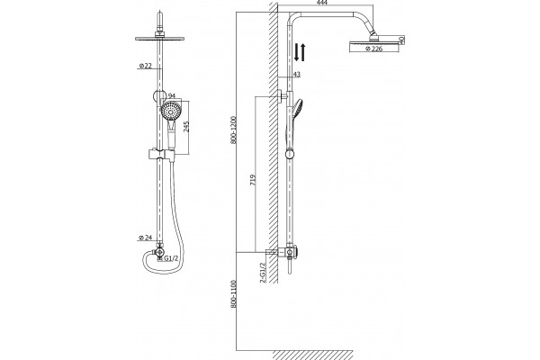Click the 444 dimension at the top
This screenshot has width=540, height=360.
point(321,3)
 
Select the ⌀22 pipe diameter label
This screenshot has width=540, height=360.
point(145,66)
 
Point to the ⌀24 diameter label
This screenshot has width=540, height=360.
point(145,238)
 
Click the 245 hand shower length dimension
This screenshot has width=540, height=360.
point(186,127)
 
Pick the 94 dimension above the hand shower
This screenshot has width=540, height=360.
point(172,95)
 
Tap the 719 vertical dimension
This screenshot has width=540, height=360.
point(253,180)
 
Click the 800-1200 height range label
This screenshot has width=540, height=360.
point(235,130)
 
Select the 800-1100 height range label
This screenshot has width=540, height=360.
point(235,294)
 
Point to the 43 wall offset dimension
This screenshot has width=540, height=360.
point(297,74)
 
